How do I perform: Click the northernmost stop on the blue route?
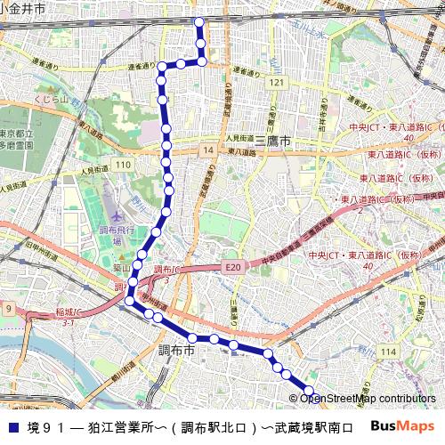pos(199,22)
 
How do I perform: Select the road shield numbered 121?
pos(279,82)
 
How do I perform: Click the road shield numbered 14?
pos(207,151)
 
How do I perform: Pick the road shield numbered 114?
pos(387,352)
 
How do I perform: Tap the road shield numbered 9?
pos(9,308)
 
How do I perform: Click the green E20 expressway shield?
pos(233,266)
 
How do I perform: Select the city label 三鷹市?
pos(274,141)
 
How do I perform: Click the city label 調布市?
pos(176,351)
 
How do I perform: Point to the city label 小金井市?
pos(23,7)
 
